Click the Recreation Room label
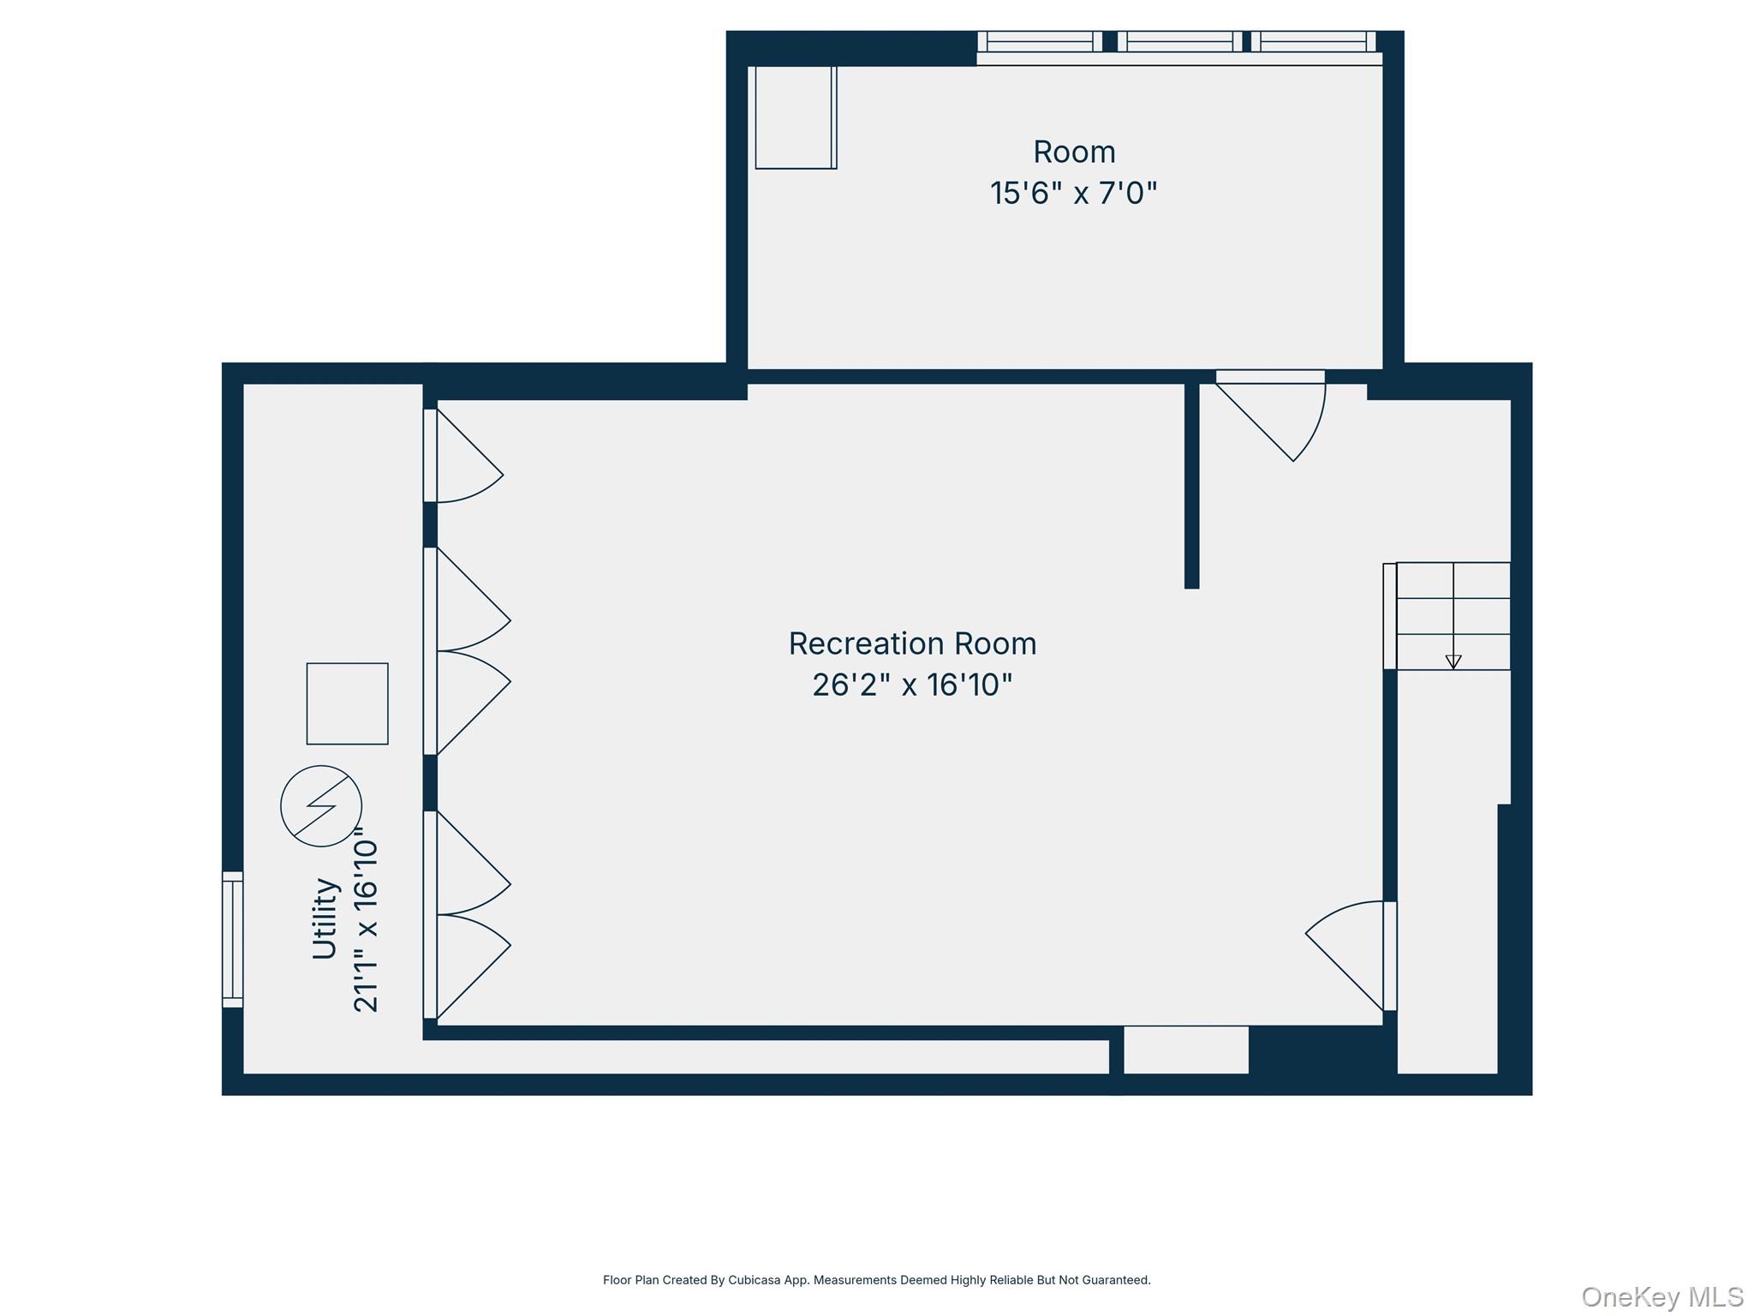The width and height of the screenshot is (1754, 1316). [912, 643]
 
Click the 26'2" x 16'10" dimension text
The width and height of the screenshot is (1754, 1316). [912, 685]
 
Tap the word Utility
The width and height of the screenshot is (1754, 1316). [325, 918]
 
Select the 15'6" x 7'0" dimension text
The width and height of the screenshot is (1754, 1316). [1073, 193]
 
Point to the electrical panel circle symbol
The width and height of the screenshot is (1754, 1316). [321, 806]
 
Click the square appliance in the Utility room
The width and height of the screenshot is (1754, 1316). [347, 703]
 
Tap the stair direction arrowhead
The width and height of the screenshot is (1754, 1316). [1453, 661]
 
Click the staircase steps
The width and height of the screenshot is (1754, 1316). [1453, 615]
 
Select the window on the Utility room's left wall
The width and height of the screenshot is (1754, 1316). [232, 939]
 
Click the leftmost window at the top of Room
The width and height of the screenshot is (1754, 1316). [1039, 41]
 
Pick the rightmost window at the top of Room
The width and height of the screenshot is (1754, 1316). [1313, 41]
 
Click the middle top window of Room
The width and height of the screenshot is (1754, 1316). [1179, 41]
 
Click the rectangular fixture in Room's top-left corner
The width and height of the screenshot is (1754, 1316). [795, 117]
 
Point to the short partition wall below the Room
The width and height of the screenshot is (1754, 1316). [1191, 485]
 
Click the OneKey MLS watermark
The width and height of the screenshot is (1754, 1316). [1662, 1296]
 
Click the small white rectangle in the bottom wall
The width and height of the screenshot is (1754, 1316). [1185, 1050]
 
